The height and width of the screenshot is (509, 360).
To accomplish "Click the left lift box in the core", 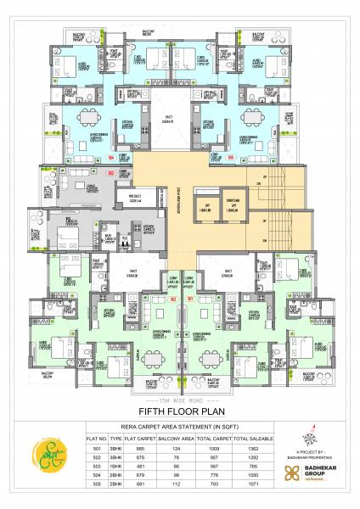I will pyautogui.click(x=204, y=207).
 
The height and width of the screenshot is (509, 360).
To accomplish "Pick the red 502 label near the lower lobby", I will pyautogui.click(x=172, y=299).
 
